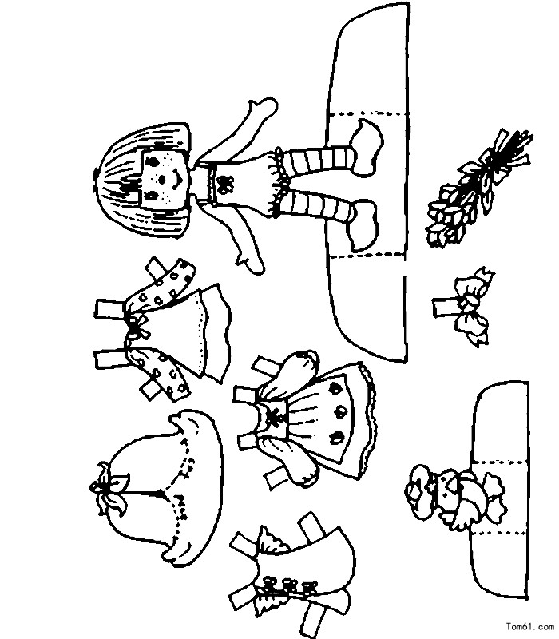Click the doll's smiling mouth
tap(178, 178)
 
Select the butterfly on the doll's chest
tap(223, 184)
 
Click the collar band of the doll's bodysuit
tap(212, 183)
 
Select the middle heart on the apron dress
tap(337, 413)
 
